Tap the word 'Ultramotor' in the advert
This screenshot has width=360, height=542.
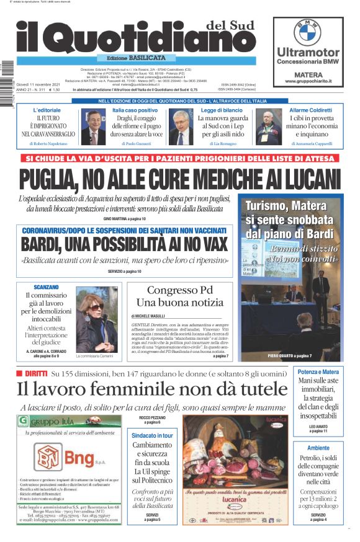[x=308, y=52]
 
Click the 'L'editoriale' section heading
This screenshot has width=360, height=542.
[x=47, y=110]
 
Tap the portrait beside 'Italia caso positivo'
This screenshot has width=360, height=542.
[x=93, y=127]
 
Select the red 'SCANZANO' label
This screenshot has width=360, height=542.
[x=46, y=287]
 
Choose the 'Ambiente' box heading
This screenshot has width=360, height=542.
[x=318, y=448]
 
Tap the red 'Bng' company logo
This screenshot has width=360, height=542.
[x=74, y=459]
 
